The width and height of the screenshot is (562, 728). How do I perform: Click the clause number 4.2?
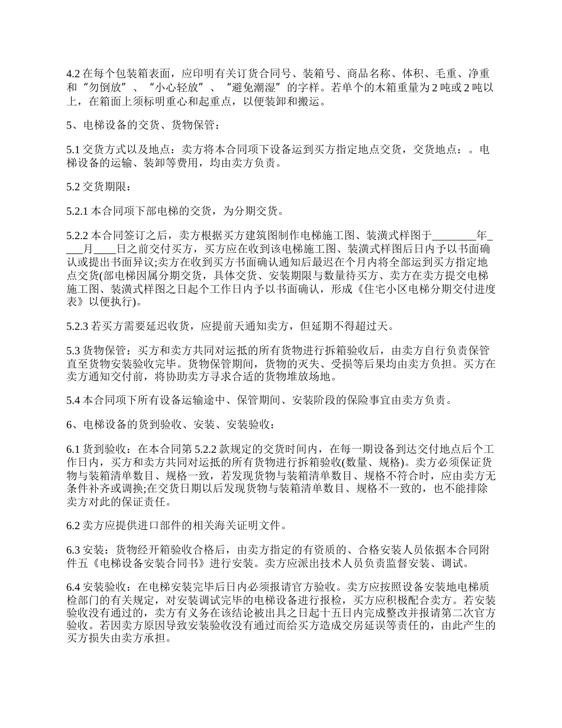click(x=72, y=74)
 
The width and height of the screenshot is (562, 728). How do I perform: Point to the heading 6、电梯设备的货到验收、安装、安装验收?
click(x=170, y=424)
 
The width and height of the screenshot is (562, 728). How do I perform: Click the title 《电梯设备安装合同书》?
click(x=151, y=562)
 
